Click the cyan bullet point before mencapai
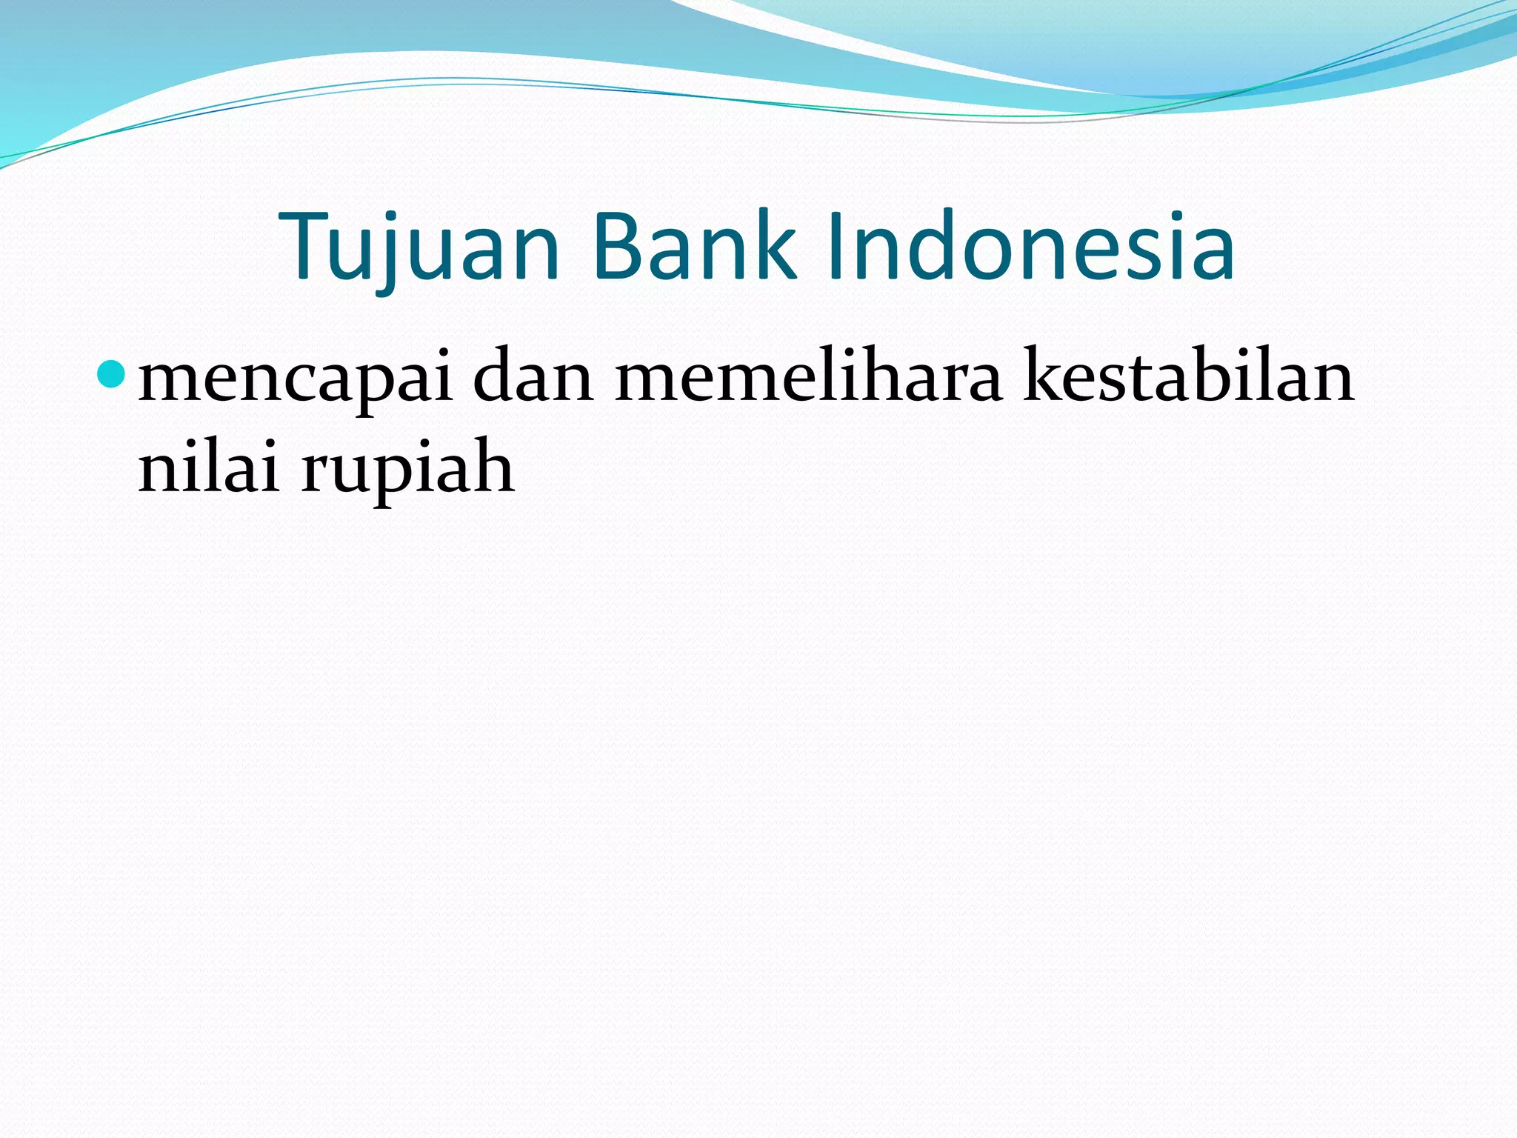tap(111, 374)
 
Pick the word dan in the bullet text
tap(533, 378)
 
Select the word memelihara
tap(808, 378)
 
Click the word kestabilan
tap(1188, 378)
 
